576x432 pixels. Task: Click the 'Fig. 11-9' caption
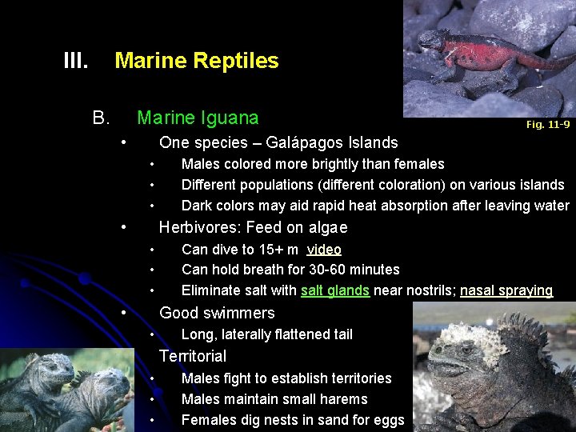pyautogui.click(x=548, y=124)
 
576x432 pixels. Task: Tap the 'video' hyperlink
pyautogui.click(x=324, y=250)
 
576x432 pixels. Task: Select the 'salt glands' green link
pyautogui.click(x=335, y=290)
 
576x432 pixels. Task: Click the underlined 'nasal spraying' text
pyautogui.click(x=506, y=290)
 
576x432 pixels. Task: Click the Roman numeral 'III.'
pyautogui.click(x=76, y=61)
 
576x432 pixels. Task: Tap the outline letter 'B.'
pyautogui.click(x=101, y=118)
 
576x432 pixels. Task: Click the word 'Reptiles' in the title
pyautogui.click(x=239, y=61)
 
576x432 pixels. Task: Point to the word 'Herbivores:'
pyautogui.click(x=194, y=227)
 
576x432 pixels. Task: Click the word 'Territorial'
pyautogui.click(x=193, y=356)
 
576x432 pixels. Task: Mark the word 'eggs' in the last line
pyautogui.click(x=389, y=420)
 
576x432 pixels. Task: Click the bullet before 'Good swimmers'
pyautogui.click(x=123, y=311)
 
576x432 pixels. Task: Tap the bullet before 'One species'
pyautogui.click(x=123, y=142)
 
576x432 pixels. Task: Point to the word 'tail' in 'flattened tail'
pyautogui.click(x=341, y=334)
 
